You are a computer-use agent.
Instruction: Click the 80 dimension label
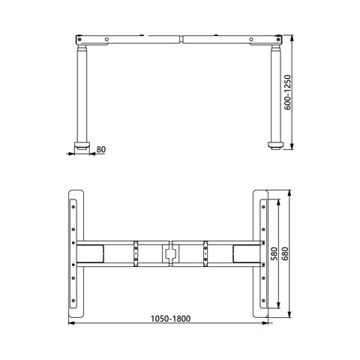point(101,149)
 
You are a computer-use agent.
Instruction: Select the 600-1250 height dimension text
point(288,92)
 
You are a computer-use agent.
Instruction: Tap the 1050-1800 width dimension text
point(170,319)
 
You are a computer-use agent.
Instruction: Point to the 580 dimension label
point(274,253)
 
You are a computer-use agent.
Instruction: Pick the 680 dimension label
point(285,253)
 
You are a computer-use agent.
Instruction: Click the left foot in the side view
point(82,145)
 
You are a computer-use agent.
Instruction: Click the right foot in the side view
point(276,145)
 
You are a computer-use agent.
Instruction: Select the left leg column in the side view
point(82,94)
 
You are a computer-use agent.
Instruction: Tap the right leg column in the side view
point(276,94)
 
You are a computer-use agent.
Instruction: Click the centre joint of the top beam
point(181,40)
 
